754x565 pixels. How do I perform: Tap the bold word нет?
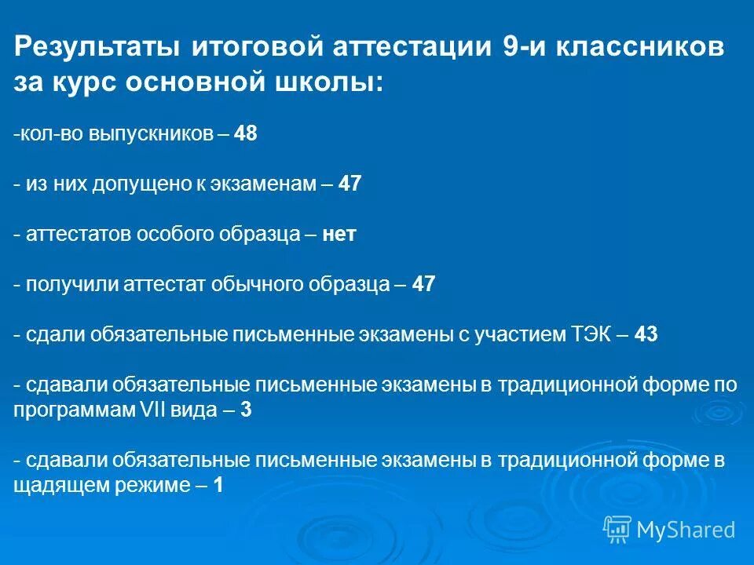pos(339,234)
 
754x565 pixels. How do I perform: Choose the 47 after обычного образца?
pos(423,284)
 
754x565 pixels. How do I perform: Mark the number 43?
pos(646,334)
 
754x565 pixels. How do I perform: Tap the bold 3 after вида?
pos(247,410)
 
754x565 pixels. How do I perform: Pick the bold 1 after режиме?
pos(218,485)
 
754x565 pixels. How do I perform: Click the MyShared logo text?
pos(686,530)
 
